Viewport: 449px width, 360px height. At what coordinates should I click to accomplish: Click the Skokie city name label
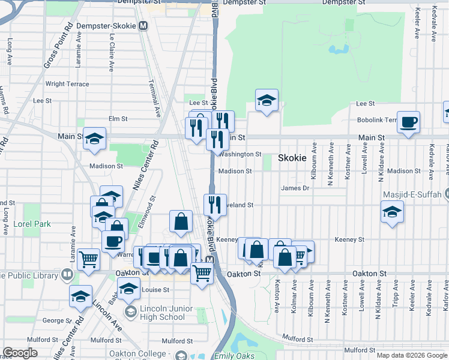(x=292, y=158)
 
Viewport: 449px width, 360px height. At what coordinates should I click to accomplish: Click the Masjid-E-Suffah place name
(x=411, y=195)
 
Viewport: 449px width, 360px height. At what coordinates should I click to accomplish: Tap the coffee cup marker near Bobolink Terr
(x=408, y=122)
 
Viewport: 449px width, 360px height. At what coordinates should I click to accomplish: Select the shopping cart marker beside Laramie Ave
(x=88, y=260)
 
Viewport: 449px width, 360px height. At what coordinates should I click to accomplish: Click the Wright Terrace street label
(x=67, y=84)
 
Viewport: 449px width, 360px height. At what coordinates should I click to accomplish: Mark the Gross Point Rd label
(x=58, y=45)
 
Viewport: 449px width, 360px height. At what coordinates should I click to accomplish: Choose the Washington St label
(x=241, y=154)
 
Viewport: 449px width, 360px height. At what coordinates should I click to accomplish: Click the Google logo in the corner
(x=20, y=353)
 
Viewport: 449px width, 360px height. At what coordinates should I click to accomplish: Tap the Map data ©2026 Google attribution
(x=411, y=355)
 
